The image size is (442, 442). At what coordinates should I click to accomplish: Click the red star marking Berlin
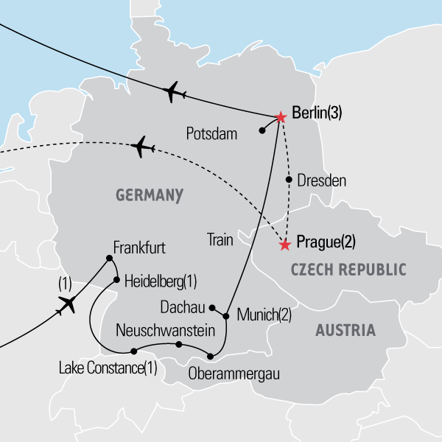[x=280, y=116]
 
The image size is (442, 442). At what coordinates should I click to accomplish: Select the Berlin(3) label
[x=317, y=115]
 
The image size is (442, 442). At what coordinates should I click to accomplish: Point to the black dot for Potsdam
[x=262, y=131]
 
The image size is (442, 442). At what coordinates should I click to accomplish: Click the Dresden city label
[x=321, y=180]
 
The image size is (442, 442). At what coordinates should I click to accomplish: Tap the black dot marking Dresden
[x=289, y=180]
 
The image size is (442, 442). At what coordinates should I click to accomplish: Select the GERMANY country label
[x=149, y=195]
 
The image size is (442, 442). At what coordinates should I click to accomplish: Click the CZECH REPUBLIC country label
[x=348, y=270]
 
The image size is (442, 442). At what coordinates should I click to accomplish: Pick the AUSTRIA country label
[x=345, y=331]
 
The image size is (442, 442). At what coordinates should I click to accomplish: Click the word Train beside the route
[x=220, y=239]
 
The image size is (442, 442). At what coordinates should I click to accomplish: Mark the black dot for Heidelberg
[x=116, y=280]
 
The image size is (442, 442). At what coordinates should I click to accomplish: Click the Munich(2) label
[x=264, y=315]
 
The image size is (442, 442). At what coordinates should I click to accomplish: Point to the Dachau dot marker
[x=212, y=308]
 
